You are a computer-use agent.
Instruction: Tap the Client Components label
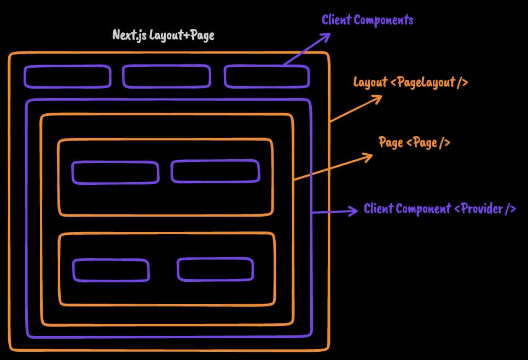tap(368, 21)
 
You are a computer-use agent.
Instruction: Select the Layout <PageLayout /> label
tap(410, 83)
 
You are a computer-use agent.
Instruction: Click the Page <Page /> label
tap(414, 143)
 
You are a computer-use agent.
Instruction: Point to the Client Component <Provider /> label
tap(440, 209)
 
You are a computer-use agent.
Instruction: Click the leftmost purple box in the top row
tap(67, 76)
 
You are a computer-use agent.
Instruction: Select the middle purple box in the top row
tap(166, 76)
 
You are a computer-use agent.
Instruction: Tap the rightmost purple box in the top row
tap(266, 76)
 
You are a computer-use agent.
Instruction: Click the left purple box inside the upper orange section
tap(115, 172)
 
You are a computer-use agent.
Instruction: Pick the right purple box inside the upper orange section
tap(215, 171)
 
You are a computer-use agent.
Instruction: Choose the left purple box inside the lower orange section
tap(111, 270)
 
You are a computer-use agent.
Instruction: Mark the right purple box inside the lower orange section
tap(215, 269)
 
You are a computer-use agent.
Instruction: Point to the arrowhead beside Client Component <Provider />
tap(355, 210)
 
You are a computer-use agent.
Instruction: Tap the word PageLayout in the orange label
tap(425, 83)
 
